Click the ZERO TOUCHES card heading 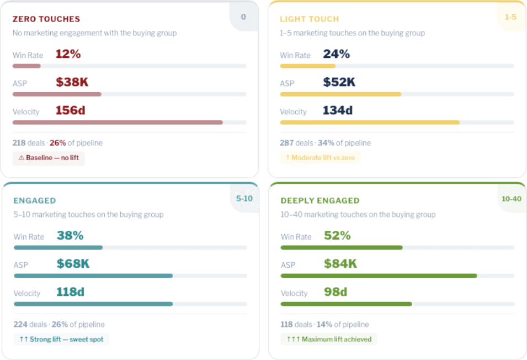tap(46, 19)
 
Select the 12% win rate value tap(68, 54)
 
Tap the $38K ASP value tap(72, 82)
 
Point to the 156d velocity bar tap(118, 122)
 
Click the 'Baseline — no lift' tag tap(49, 158)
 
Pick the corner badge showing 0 tap(243, 17)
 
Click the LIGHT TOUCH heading tap(309, 19)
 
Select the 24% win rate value tap(336, 54)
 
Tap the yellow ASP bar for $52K tap(340, 94)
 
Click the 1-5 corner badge tap(510, 17)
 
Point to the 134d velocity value tap(337, 110)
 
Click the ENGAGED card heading tap(35, 200)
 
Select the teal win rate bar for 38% tap(58, 247)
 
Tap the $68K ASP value tap(73, 264)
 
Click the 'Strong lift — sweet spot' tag tap(61, 339)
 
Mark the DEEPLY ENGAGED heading tap(320, 200)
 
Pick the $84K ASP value tap(340, 264)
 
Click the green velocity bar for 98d tap(346, 304)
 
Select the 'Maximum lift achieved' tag tap(329, 339)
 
